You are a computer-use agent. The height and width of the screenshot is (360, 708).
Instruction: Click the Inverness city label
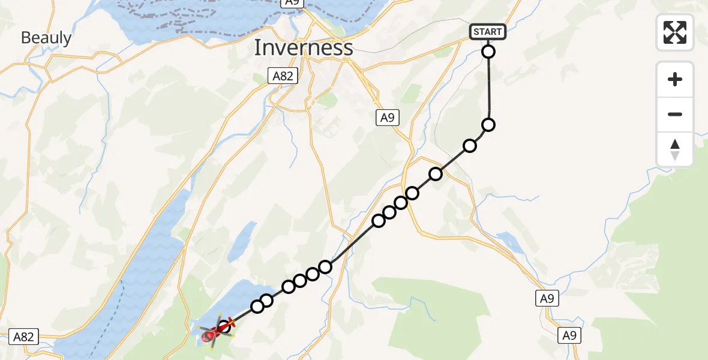[303, 47]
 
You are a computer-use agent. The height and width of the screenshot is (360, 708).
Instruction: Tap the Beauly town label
[46, 38]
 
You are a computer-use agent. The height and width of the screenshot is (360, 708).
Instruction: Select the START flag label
[488, 32]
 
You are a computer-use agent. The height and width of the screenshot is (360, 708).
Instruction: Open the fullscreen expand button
[675, 32]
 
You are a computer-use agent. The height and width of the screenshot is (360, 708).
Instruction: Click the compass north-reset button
[675, 149]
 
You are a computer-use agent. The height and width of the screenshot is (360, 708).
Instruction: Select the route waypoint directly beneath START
[488, 52]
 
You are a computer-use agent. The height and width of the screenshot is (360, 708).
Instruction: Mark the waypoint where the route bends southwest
[488, 125]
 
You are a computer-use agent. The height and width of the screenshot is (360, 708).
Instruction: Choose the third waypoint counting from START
[470, 146]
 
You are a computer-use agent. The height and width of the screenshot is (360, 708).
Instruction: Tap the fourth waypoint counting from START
[436, 174]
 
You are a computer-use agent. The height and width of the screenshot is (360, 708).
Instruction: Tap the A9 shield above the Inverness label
[292, 2]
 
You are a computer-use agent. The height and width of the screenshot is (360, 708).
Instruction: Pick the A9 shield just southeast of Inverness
[387, 118]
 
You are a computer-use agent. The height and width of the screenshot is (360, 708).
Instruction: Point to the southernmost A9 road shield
[569, 335]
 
